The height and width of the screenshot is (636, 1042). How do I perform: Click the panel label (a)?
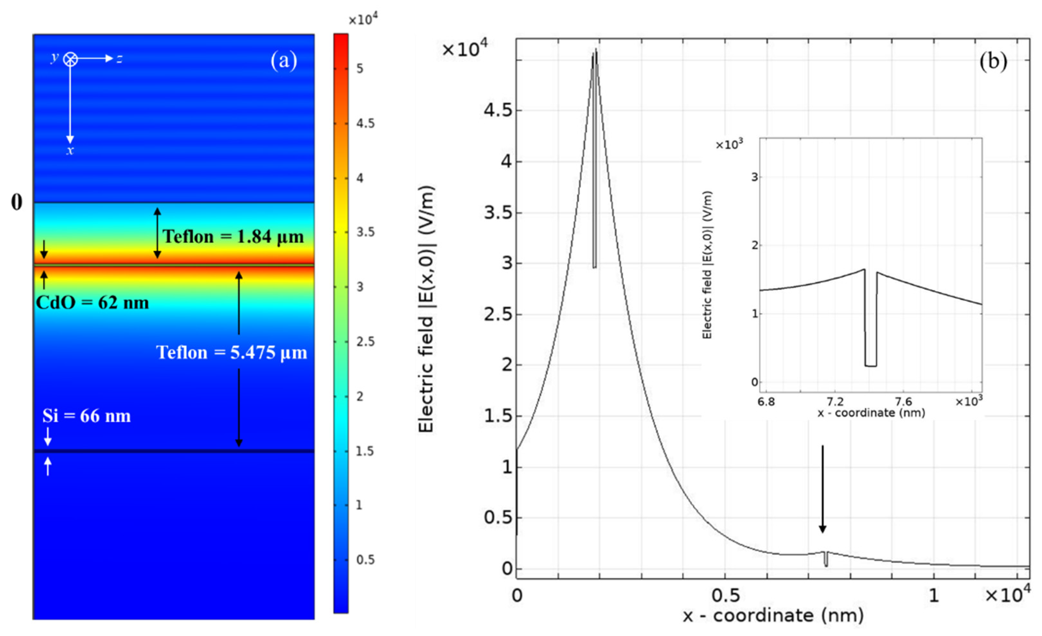click(284, 60)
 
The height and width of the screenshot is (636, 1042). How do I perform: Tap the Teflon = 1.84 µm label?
click(233, 237)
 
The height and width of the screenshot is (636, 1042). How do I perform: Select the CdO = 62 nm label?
click(92, 303)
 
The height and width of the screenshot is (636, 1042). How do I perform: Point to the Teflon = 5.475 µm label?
click(232, 352)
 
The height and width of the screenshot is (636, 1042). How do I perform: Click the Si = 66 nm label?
click(87, 416)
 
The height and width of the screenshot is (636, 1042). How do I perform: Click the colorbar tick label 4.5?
click(365, 123)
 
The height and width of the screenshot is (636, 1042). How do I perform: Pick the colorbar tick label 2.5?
click(365, 341)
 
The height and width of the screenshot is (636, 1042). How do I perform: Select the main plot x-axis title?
click(773, 616)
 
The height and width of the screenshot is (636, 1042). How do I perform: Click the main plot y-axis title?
click(426, 309)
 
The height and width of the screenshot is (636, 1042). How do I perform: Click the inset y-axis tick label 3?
click(754, 177)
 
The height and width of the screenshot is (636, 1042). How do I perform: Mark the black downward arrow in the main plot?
click(823, 489)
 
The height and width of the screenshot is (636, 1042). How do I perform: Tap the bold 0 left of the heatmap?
click(16, 202)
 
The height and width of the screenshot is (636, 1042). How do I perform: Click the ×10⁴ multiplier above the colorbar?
click(363, 20)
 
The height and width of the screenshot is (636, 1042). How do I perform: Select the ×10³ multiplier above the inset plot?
click(729, 145)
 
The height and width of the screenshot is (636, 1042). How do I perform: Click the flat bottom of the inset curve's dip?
click(871, 366)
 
